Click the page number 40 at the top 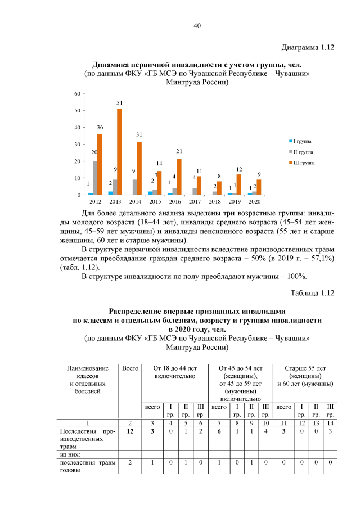tap(197, 26)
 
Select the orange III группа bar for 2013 tap(119, 152)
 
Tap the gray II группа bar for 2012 tap(95, 178)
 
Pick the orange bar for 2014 tap(139, 169)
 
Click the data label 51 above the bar tap(119, 103)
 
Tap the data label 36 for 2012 tap(100, 128)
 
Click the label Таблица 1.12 tap(312, 292)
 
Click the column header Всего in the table tap(130, 368)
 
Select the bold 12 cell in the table tap(130, 431)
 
